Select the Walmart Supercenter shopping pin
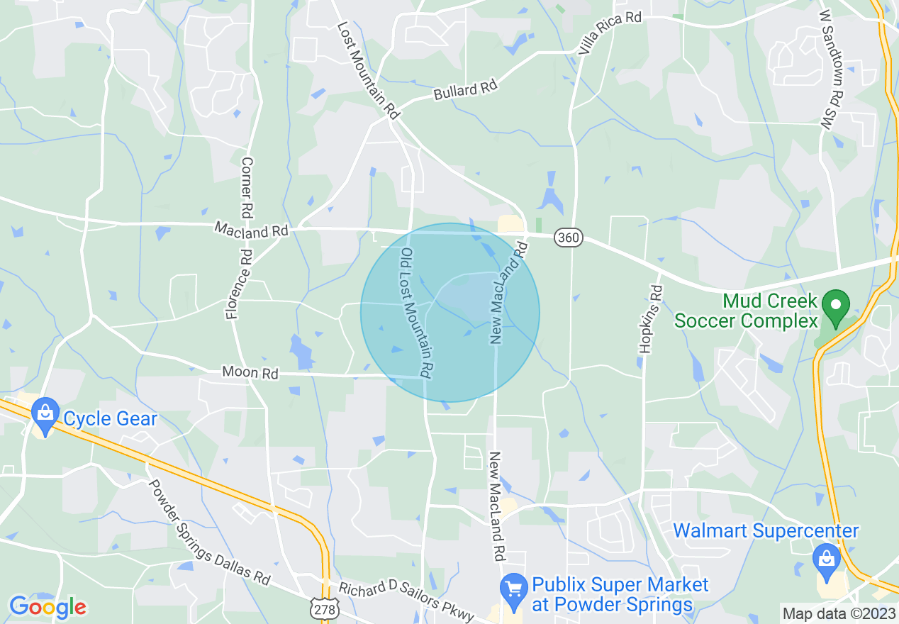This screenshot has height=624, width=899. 827,557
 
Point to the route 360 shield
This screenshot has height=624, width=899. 569,238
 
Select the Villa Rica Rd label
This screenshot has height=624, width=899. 610,32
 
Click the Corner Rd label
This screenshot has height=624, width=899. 247,187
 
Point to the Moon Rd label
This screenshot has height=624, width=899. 250,372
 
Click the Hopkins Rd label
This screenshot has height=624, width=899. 650,318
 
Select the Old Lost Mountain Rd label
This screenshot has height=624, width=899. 417,312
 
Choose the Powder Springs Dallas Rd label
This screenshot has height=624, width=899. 209,532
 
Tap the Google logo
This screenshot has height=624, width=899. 48,607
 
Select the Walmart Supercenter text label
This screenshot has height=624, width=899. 766,530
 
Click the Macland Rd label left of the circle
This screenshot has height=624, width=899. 252,230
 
